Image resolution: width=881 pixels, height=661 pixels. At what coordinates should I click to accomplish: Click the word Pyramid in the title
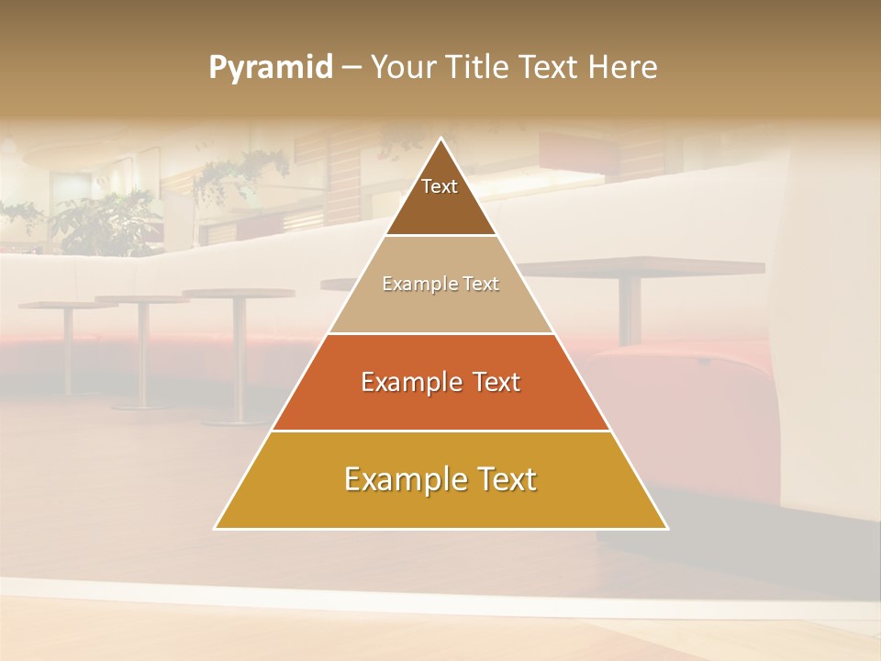271,68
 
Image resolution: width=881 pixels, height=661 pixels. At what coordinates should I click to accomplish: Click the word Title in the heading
478,67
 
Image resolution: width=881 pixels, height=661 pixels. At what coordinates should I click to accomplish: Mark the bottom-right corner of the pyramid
666,528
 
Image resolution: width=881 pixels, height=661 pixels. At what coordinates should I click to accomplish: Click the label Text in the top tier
440,186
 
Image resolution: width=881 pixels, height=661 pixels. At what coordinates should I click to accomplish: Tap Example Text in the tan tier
440,284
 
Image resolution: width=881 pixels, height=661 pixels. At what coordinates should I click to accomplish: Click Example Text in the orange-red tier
440,382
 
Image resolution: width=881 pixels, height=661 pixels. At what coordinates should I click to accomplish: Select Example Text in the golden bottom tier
440,479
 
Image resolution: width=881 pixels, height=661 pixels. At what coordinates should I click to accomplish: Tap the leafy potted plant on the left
101,220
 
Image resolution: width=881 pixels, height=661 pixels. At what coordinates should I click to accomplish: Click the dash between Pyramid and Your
351,68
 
